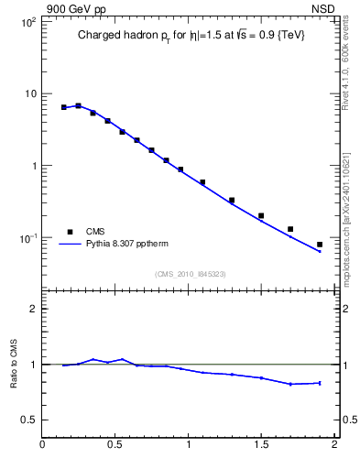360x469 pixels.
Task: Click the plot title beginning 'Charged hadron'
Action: [x=190, y=36]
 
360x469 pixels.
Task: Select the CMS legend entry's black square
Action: [x=70, y=232]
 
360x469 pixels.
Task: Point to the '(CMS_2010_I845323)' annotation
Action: [x=190, y=273]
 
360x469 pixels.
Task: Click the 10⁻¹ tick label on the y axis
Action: [x=27, y=238]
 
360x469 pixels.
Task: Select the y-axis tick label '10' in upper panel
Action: [x=28, y=94]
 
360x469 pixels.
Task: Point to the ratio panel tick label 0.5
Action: [x=28, y=420]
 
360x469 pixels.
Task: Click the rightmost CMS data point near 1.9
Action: [x=320, y=245]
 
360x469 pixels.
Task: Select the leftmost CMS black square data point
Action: [x=64, y=107]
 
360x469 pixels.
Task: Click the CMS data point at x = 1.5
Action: [x=261, y=216]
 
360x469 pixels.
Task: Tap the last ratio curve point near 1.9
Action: [x=320, y=383]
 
